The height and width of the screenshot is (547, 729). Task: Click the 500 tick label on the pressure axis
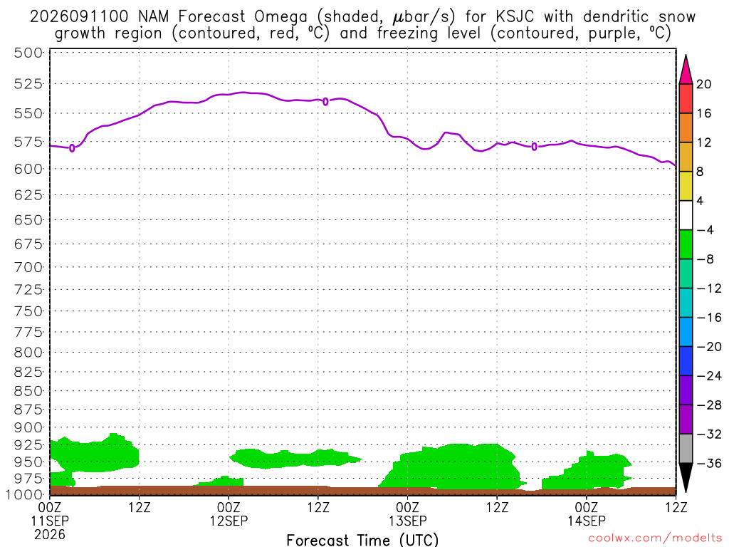tap(28, 53)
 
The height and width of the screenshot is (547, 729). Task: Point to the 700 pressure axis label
tap(28, 267)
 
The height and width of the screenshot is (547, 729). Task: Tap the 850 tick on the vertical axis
tap(28, 391)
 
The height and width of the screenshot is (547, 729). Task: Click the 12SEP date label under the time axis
tap(229, 521)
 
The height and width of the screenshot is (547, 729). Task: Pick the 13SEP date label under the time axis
tap(408, 521)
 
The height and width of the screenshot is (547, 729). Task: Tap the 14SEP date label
tap(587, 521)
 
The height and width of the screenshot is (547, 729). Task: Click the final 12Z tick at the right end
tap(676, 507)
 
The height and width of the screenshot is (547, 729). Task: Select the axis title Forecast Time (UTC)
tap(362, 540)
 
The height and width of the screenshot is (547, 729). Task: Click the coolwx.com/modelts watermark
tap(655, 538)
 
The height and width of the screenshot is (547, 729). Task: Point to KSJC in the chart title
tap(515, 17)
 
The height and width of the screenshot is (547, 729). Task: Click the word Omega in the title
tap(280, 17)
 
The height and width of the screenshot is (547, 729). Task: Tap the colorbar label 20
tap(704, 84)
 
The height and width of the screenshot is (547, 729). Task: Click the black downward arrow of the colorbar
tap(686, 477)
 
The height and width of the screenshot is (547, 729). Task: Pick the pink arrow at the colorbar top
tap(686, 70)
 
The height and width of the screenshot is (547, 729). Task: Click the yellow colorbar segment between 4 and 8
tap(686, 186)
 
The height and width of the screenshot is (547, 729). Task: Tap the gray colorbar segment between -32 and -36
tap(686, 449)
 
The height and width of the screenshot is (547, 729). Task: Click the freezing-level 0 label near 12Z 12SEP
tap(325, 101)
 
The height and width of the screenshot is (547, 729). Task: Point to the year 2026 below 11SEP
tap(50, 534)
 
